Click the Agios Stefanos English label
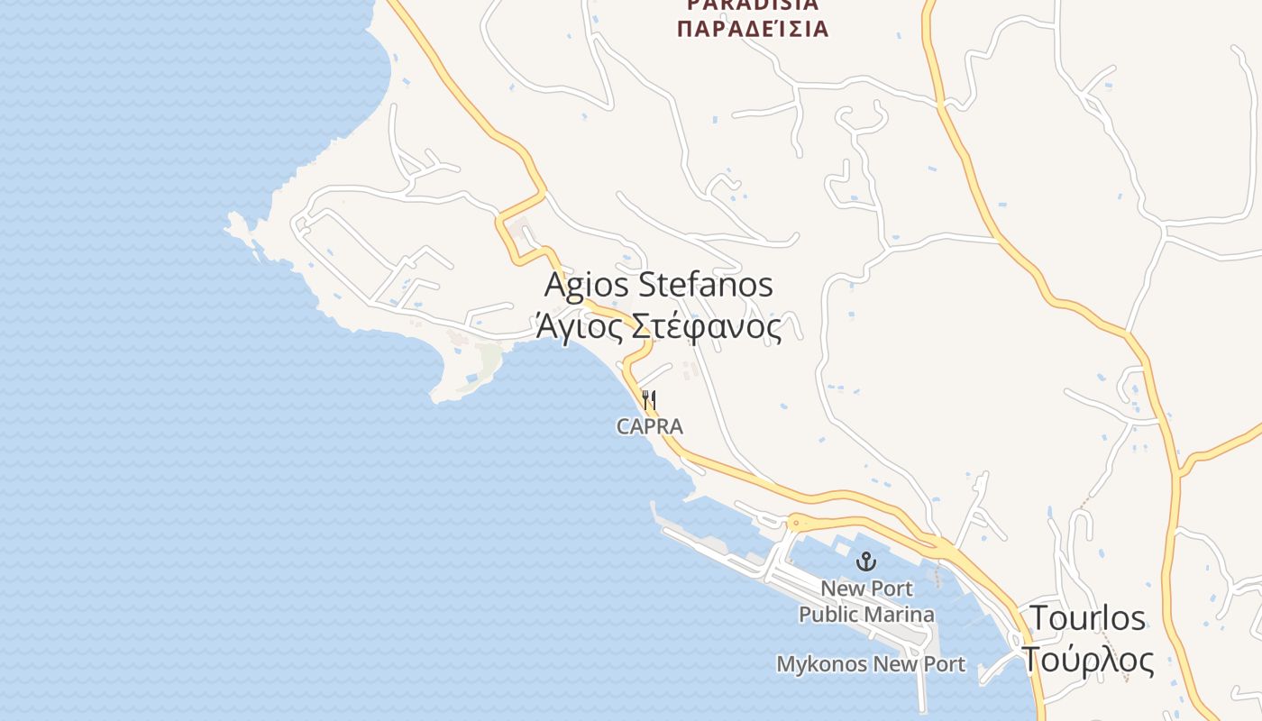659,285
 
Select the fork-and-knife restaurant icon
649,399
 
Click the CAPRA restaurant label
649,426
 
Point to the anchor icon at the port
866,562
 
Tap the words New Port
866,589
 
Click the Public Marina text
866,615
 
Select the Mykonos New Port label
871,664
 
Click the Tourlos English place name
1087,618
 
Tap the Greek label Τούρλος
1087,660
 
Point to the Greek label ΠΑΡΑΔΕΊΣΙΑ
752,29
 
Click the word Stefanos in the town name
706,285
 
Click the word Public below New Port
827,615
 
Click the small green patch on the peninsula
489,362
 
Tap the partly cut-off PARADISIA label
752,5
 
